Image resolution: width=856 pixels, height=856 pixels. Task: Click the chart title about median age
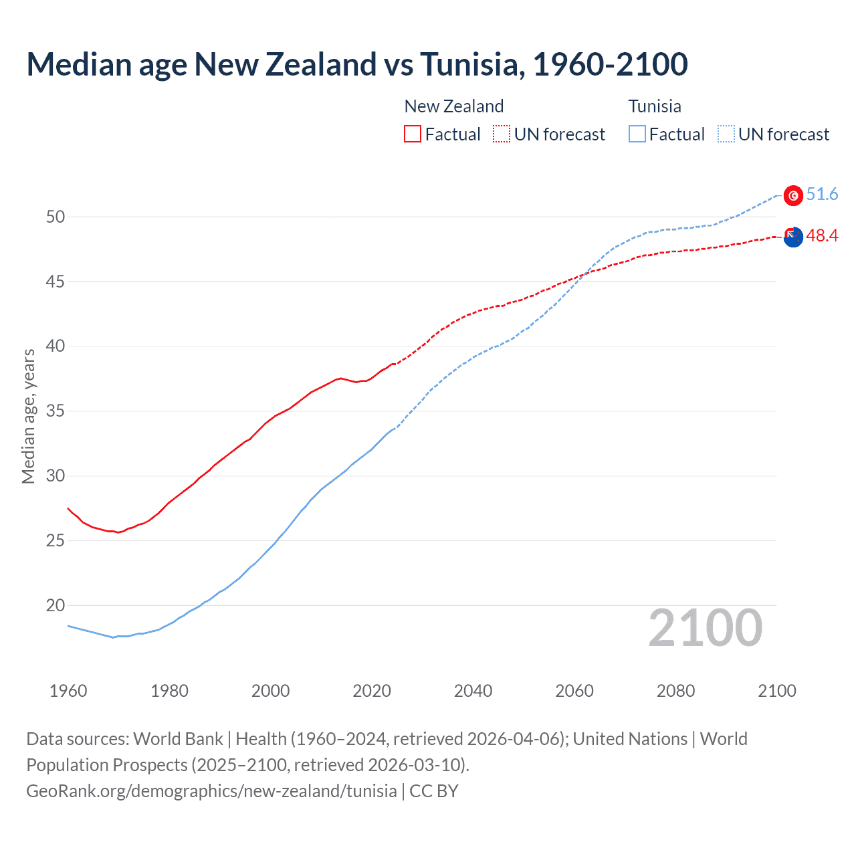357,64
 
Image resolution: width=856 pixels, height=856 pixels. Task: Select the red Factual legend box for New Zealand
413,134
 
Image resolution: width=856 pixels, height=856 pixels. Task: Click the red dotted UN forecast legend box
502,134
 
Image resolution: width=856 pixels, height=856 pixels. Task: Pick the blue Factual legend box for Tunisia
637,134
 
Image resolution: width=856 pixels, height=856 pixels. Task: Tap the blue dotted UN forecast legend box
726,134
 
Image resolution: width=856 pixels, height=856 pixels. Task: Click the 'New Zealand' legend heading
453,106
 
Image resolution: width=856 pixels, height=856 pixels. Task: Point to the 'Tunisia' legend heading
655,106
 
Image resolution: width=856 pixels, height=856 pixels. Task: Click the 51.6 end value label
822,195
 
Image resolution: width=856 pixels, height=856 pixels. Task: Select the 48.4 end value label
822,236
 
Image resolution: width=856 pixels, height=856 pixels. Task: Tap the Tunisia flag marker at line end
793,195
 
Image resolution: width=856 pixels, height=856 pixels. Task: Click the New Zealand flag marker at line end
793,237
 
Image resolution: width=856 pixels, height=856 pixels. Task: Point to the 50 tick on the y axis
56,217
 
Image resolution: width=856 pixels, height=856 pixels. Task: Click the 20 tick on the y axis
56,605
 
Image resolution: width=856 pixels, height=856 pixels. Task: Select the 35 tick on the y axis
56,411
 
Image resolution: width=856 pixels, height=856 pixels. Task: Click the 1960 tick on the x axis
68,691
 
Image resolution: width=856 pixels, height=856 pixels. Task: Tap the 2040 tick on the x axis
473,691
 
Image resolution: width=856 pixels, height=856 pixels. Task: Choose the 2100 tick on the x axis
776,691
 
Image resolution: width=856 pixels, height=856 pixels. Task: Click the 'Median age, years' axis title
28,416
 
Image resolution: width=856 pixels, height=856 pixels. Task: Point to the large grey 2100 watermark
705,628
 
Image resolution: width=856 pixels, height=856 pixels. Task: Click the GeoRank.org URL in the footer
211,791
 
